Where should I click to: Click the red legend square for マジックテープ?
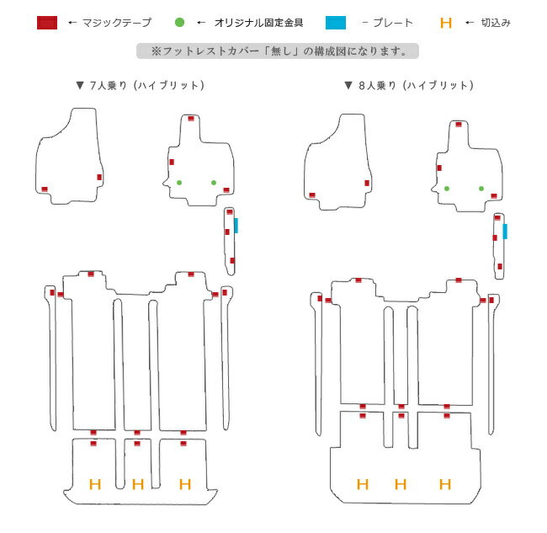[47, 23]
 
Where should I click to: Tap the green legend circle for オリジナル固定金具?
[179, 23]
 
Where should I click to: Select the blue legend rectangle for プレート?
[336, 23]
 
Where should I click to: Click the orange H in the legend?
[446, 23]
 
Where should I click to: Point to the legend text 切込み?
[496, 23]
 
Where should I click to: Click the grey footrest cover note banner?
[278, 51]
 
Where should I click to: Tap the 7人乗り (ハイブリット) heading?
[141, 86]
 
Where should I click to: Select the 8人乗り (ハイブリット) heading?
[409, 86]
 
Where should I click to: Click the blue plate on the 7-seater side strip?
[236, 226]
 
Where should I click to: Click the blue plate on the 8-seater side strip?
[505, 232]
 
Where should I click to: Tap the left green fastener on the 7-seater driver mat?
[179, 183]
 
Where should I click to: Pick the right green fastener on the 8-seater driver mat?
[481, 189]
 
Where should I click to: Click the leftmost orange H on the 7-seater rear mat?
[95, 484]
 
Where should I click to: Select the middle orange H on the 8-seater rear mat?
[401, 484]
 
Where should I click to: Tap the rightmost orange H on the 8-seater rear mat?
[445, 484]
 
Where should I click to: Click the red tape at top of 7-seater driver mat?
[191, 119]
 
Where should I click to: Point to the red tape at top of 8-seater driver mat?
[459, 125]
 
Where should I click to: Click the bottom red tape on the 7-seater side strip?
[232, 260]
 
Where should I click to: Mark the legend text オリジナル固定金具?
[258, 23]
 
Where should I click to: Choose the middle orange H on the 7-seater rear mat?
[138, 484]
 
